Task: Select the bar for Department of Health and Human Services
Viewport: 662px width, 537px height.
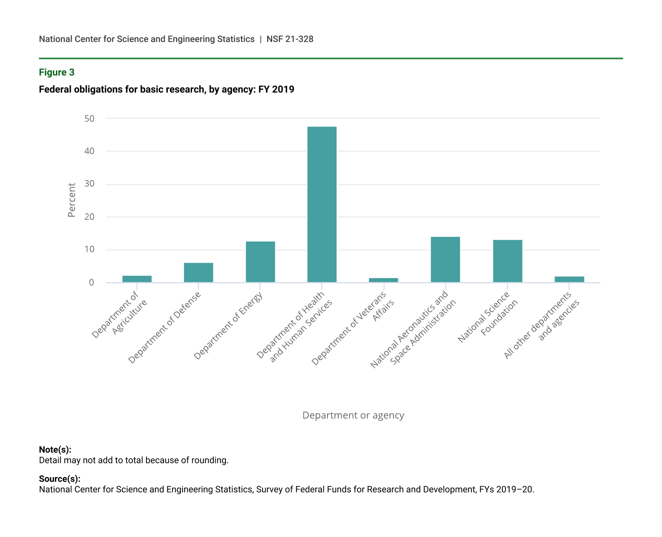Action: pos(322,204)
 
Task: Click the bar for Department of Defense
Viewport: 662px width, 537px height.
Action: pos(199,272)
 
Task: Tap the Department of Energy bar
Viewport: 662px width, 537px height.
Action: pos(260,261)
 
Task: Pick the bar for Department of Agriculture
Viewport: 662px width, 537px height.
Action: pos(137,279)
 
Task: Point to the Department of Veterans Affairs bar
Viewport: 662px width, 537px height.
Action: pos(384,280)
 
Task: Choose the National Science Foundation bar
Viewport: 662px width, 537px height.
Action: pos(507,261)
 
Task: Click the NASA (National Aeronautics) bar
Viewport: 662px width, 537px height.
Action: pos(445,259)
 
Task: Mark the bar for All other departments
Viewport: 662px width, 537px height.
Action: pos(569,279)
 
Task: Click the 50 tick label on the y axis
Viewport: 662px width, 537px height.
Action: pos(89,118)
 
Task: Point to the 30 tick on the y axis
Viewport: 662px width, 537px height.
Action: pos(89,184)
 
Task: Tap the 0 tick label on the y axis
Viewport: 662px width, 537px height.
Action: pos(92,283)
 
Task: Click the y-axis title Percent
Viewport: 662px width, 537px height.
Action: pos(72,200)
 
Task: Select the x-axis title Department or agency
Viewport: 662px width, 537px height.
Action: pos(353,415)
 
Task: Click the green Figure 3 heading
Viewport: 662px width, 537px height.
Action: pos(56,72)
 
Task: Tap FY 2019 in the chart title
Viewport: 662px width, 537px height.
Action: pos(276,89)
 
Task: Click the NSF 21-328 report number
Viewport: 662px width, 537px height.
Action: pos(290,39)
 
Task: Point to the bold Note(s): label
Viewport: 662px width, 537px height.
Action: pos(55,449)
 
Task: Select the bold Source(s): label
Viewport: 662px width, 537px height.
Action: pos(60,479)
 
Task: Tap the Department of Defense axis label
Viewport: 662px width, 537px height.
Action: pos(165,327)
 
